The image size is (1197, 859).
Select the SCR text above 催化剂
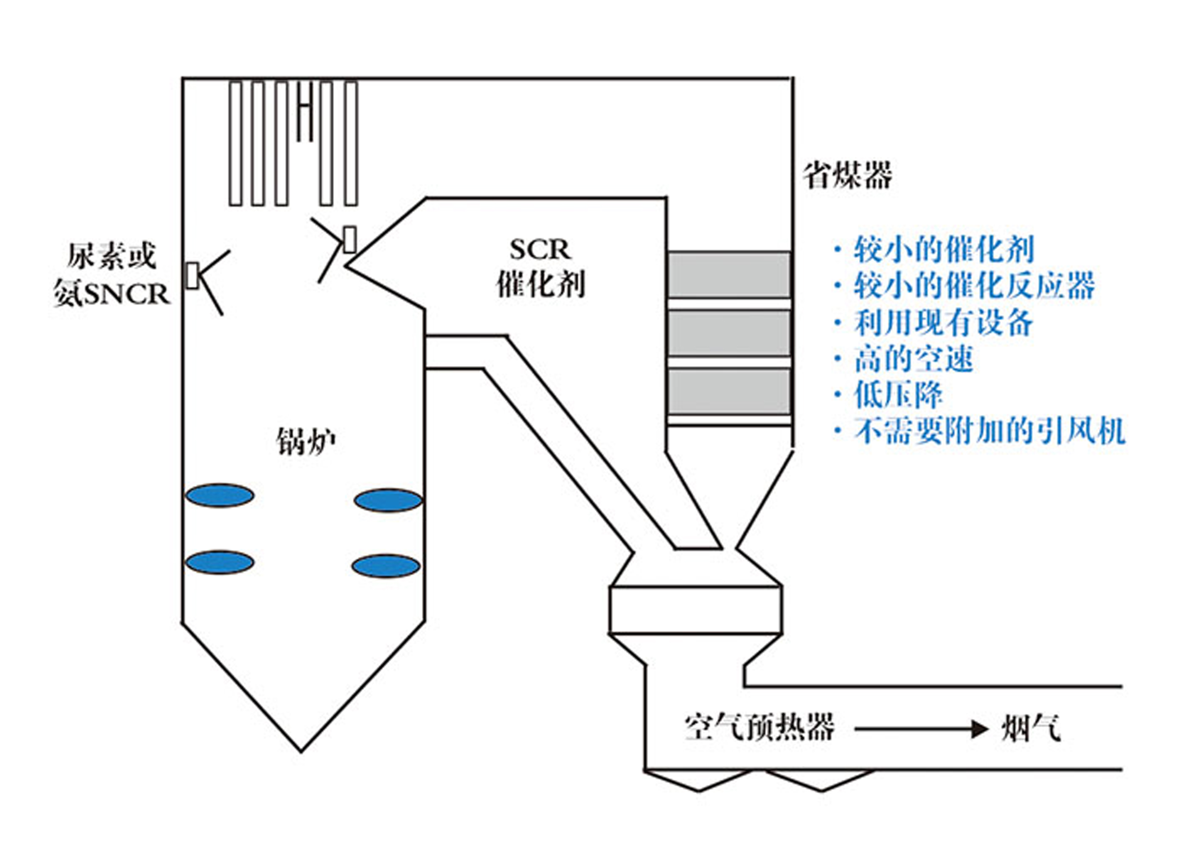point(540,250)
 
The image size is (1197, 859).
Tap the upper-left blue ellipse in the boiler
point(220,495)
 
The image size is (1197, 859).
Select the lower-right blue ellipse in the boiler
point(386,566)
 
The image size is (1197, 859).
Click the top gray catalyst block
point(729,274)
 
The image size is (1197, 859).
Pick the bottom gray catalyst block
point(729,392)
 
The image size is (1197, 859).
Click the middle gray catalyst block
point(729,333)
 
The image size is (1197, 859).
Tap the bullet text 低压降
point(898,394)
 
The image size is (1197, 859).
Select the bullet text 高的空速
point(913,358)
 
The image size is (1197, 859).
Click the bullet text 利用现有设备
point(943,322)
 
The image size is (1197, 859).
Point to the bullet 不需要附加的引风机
point(989,431)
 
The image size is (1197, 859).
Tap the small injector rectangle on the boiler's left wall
point(193,276)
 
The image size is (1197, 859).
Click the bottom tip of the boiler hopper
point(301,750)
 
